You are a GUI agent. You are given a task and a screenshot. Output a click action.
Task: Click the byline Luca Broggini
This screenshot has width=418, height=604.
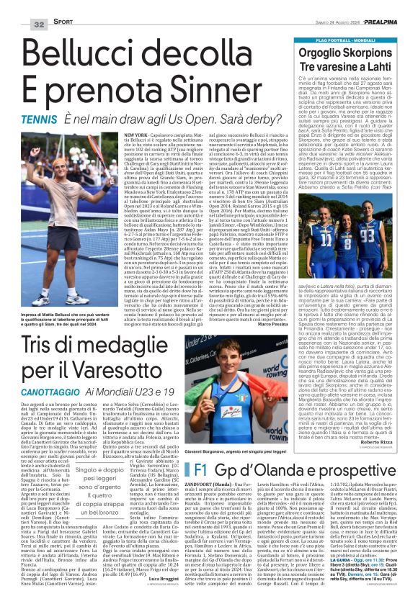click(157, 577)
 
